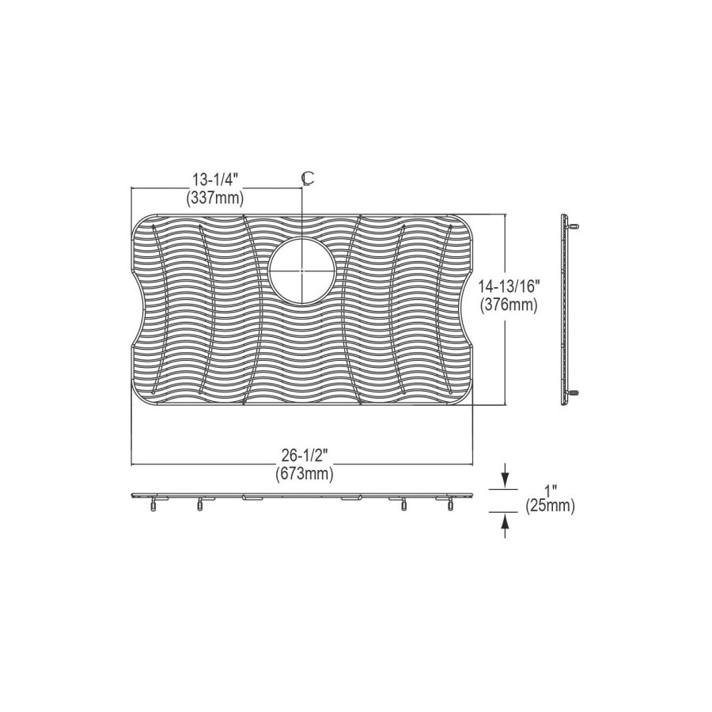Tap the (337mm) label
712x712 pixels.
pos(215,198)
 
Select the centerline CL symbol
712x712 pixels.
pos(308,179)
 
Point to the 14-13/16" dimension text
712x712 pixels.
pos(509,287)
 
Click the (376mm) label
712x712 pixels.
pos(509,305)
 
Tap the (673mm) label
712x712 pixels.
pos(305,474)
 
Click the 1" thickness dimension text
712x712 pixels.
pos(551,491)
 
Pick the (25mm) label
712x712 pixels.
pos(551,506)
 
